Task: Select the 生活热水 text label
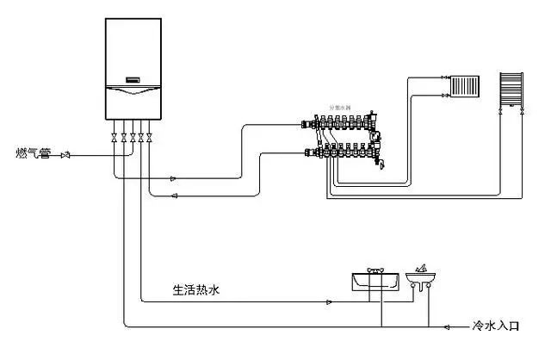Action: [x=196, y=290]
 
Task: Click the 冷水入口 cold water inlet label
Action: [x=498, y=326]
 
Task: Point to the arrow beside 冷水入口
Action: [x=449, y=327]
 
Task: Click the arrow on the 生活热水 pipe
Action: [x=329, y=301]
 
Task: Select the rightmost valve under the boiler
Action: [x=152, y=137]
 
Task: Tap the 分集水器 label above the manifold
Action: [x=340, y=109]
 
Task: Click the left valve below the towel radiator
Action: [x=500, y=113]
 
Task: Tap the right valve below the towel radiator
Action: [x=522, y=113]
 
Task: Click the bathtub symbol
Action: [x=375, y=279]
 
